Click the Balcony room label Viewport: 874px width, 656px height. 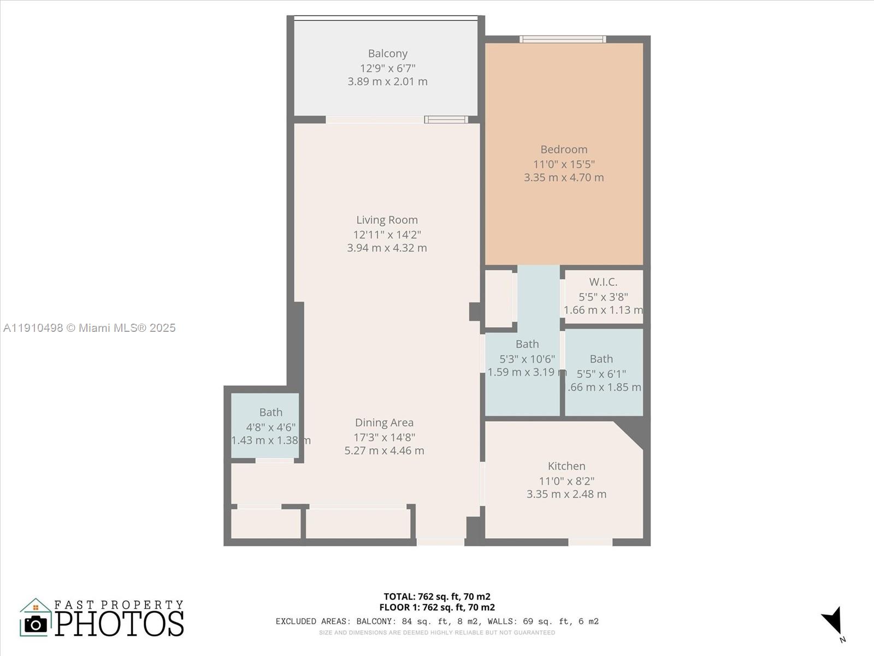click(387, 54)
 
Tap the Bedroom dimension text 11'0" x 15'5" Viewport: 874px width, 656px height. click(564, 164)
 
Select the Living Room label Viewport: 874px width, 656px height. click(387, 220)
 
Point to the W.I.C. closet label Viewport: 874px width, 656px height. click(603, 282)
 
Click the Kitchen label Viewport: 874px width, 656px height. click(566, 466)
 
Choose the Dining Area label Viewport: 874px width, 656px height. click(384, 423)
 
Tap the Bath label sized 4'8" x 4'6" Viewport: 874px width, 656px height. click(271, 412)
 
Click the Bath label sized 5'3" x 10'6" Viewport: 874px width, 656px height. click(527, 344)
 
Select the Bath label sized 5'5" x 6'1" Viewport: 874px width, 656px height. click(601, 359)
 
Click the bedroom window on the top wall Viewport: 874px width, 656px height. click(563, 39)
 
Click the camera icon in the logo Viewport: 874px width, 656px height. click(36, 624)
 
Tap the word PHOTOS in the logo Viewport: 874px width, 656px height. click(119, 623)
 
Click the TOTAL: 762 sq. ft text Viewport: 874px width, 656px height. click(436, 596)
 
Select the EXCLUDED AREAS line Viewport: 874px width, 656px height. click(437, 621)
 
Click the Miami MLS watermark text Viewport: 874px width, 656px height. click(90, 328)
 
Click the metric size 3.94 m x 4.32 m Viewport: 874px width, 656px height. click(387, 248)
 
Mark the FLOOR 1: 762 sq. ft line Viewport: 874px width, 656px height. click(436, 607)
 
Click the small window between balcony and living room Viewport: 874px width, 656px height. click(446, 120)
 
